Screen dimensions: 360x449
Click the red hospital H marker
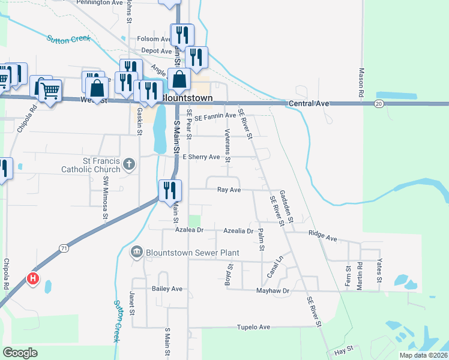[34, 278]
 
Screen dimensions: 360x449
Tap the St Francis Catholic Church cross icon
[128, 163]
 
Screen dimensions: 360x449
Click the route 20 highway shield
[378, 104]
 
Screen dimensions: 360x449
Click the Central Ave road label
[309, 104]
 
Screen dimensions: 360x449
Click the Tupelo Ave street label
[254, 327]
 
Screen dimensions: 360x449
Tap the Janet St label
[132, 299]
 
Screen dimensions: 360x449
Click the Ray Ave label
[229, 190]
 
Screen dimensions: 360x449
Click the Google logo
[20, 353]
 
